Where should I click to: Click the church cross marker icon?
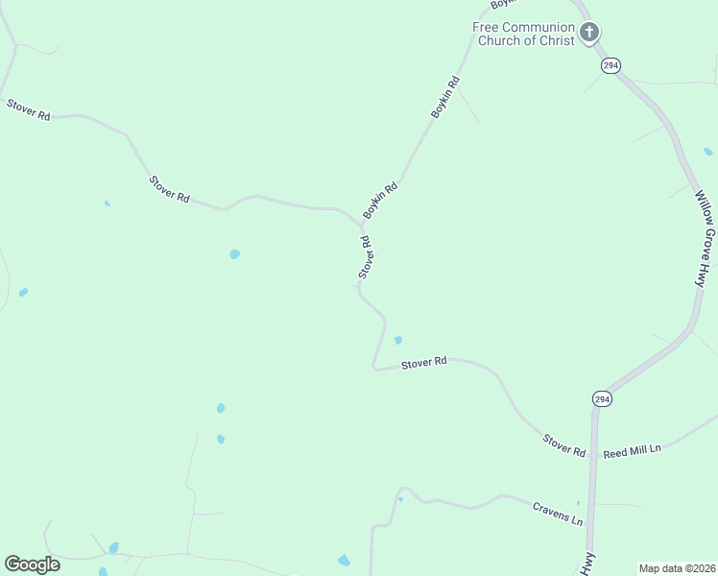point(589,32)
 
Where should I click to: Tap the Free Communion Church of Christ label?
point(523,34)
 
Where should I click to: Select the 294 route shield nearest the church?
point(611,65)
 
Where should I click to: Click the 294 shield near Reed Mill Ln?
point(602,398)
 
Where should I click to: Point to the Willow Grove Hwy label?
point(706,237)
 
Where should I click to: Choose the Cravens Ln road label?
point(558,514)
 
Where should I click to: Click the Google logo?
point(32,564)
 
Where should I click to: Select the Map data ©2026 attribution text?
point(677,568)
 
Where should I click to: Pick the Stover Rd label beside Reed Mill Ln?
point(564,444)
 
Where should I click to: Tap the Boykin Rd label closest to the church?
point(445,97)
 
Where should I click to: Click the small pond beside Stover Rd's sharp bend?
point(397,340)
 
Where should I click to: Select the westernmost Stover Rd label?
point(28,108)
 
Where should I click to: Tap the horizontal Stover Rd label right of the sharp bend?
point(424,363)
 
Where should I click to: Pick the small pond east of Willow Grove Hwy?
point(708,151)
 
